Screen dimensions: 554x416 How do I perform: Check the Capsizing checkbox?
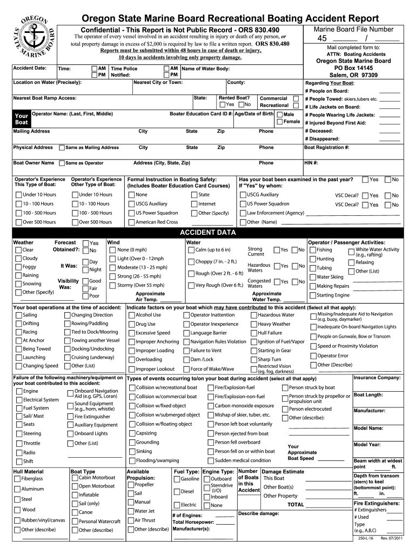click(x=132, y=433)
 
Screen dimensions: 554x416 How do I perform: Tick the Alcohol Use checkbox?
click(x=131, y=315)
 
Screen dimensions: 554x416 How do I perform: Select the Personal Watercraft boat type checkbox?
click(x=74, y=522)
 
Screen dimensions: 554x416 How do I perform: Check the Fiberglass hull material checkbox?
click(x=17, y=479)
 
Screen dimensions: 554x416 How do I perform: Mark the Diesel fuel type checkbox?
click(x=177, y=492)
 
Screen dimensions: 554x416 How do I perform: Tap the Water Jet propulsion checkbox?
click(x=130, y=511)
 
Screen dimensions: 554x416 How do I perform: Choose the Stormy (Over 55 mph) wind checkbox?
click(x=112, y=285)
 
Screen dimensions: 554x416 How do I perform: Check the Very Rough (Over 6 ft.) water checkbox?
click(x=191, y=285)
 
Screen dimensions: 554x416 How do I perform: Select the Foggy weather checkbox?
click(x=18, y=267)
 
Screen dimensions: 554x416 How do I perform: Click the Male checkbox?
click(x=279, y=115)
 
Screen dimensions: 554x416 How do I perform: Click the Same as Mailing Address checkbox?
click(x=62, y=148)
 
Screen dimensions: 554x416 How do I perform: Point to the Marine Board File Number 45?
click(x=323, y=38)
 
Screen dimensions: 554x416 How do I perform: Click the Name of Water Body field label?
click(x=205, y=69)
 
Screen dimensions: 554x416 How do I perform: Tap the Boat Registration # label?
click(x=327, y=147)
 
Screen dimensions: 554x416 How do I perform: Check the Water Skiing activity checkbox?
click(x=312, y=277)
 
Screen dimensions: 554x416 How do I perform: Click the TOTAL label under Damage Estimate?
click(x=296, y=504)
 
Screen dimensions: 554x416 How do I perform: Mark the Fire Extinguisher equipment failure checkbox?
click(x=70, y=417)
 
